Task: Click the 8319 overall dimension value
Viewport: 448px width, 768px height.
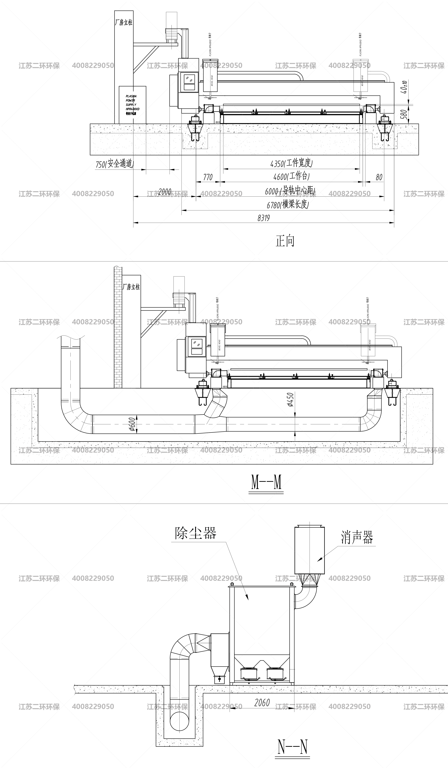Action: (264, 218)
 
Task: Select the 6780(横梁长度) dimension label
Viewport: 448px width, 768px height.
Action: (288, 205)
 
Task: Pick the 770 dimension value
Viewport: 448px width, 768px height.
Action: (208, 177)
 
